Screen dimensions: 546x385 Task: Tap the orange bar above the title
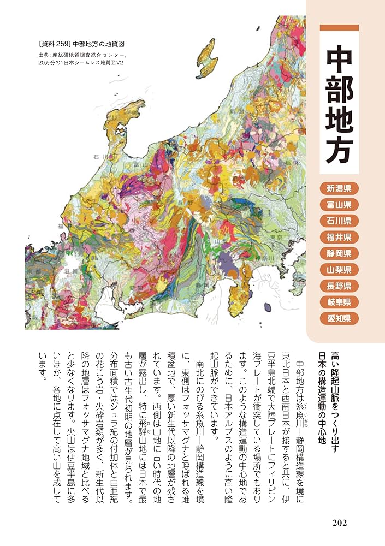(339, 28)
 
